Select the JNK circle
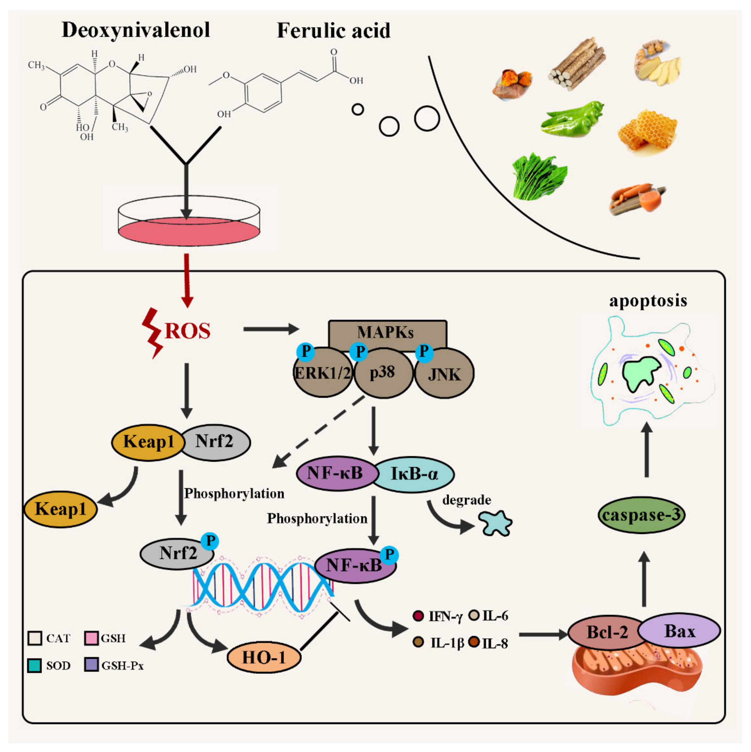(444, 374)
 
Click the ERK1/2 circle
(322, 374)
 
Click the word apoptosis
(648, 301)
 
